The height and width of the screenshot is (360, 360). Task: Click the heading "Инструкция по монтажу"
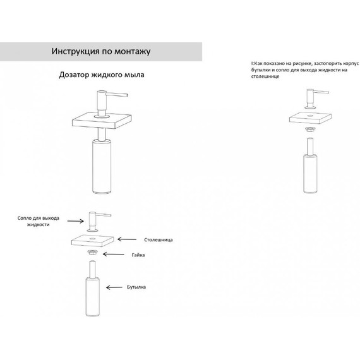[x=101, y=51]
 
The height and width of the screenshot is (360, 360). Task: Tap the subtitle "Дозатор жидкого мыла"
[x=102, y=75]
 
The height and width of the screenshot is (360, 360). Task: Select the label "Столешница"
[x=159, y=240]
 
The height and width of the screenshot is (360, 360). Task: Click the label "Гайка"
[x=138, y=255]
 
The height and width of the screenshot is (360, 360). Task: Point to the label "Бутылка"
[x=136, y=287]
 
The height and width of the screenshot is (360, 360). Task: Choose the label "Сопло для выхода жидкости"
[x=39, y=221]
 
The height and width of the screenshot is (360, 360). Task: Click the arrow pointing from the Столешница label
[x=127, y=239]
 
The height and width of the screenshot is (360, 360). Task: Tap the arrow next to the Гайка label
[x=114, y=254]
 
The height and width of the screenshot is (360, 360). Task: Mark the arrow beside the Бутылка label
[x=114, y=287]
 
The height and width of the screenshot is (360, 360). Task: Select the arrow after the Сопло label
[x=76, y=221]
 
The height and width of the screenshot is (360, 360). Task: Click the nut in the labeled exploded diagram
[x=92, y=253]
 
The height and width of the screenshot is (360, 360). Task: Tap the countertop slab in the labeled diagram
[x=92, y=241]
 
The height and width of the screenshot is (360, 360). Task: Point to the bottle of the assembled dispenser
[x=102, y=166]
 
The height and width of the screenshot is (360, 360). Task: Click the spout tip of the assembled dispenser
[x=126, y=95]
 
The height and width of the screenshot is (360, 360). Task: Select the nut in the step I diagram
[x=310, y=129]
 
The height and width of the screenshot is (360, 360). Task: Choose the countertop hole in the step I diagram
[x=310, y=116]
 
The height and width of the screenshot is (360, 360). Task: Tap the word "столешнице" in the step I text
[x=265, y=76]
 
